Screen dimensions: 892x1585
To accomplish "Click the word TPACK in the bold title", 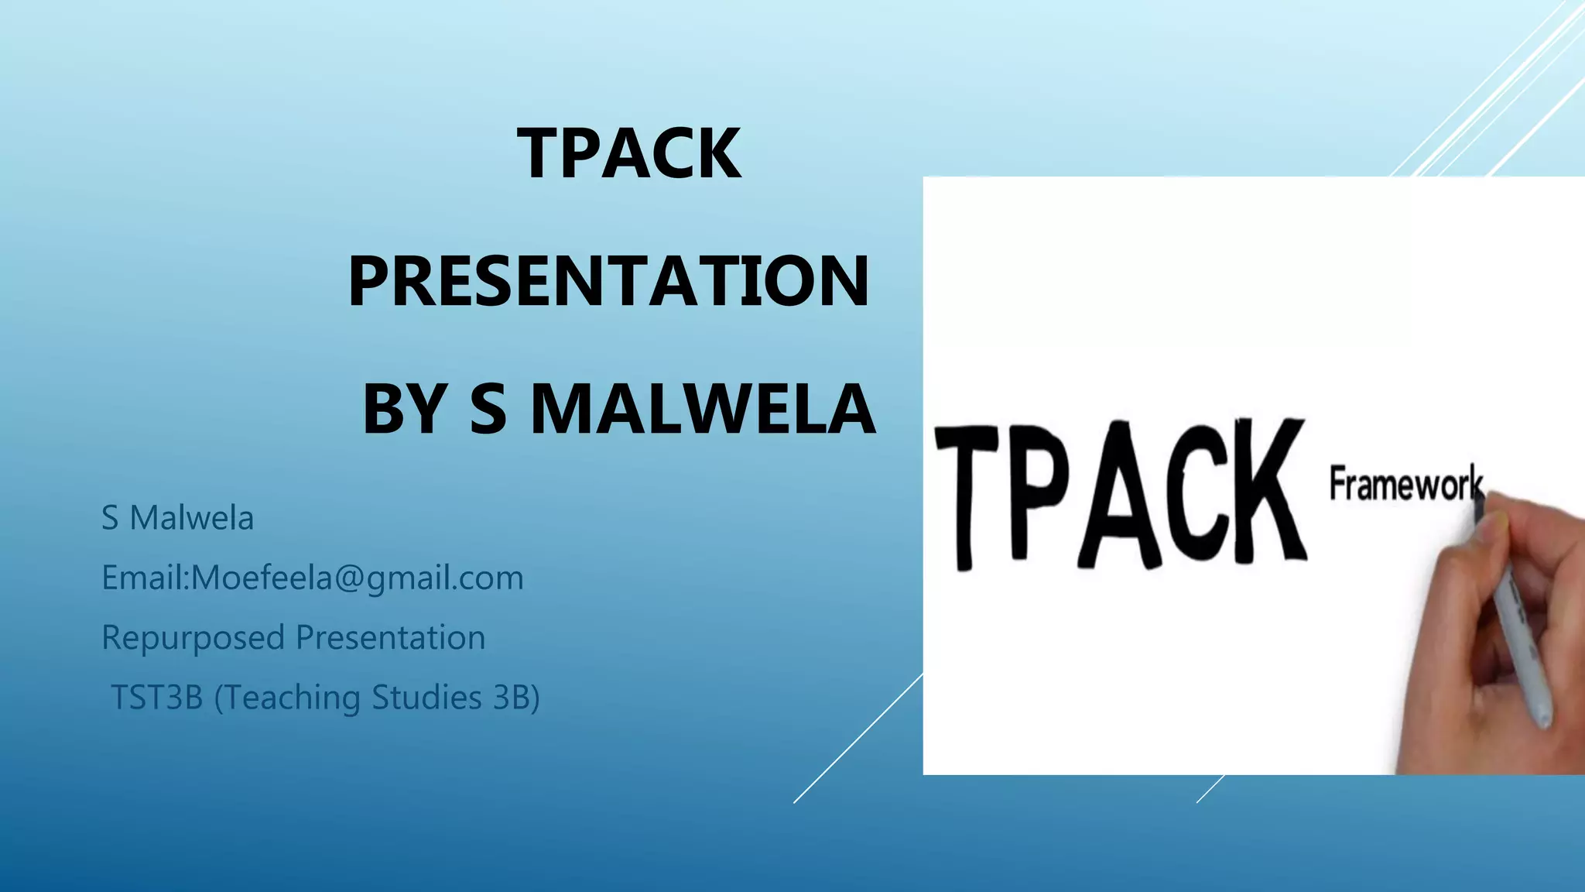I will click(629, 153).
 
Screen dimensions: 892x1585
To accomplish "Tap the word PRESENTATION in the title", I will click(609, 281).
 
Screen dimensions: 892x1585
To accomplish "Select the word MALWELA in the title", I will click(703, 409).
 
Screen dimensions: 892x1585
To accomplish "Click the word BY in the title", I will click(404, 409).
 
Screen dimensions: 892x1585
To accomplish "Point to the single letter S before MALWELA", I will click(488, 409).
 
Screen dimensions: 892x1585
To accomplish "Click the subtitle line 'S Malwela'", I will click(177, 518).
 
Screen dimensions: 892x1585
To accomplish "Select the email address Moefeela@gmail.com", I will click(357, 578).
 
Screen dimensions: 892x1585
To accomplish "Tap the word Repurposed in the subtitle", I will click(193, 638).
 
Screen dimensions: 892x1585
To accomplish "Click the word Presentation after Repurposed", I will click(391, 637).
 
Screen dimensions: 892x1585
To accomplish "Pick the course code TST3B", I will click(157, 697).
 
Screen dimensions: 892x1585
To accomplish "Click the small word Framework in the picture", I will click(1405, 484).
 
